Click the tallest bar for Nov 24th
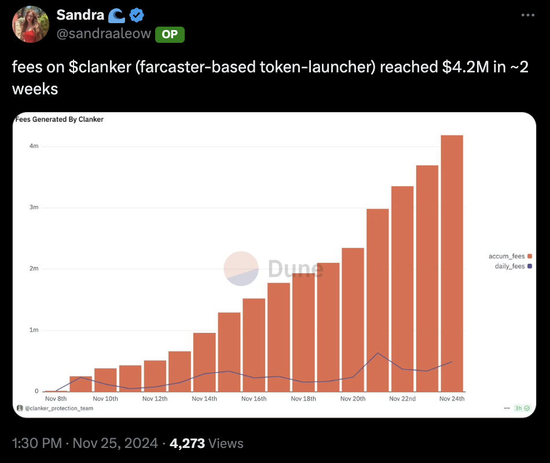(452, 263)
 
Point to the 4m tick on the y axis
(34, 146)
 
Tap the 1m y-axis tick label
(34, 330)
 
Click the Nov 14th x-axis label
(204, 399)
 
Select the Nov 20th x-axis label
(353, 399)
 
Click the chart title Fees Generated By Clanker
(59, 119)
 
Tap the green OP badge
(170, 34)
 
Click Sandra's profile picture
(30, 24)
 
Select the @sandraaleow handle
(104, 34)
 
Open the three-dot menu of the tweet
(527, 15)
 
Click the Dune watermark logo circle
(241, 269)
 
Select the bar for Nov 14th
(204, 362)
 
